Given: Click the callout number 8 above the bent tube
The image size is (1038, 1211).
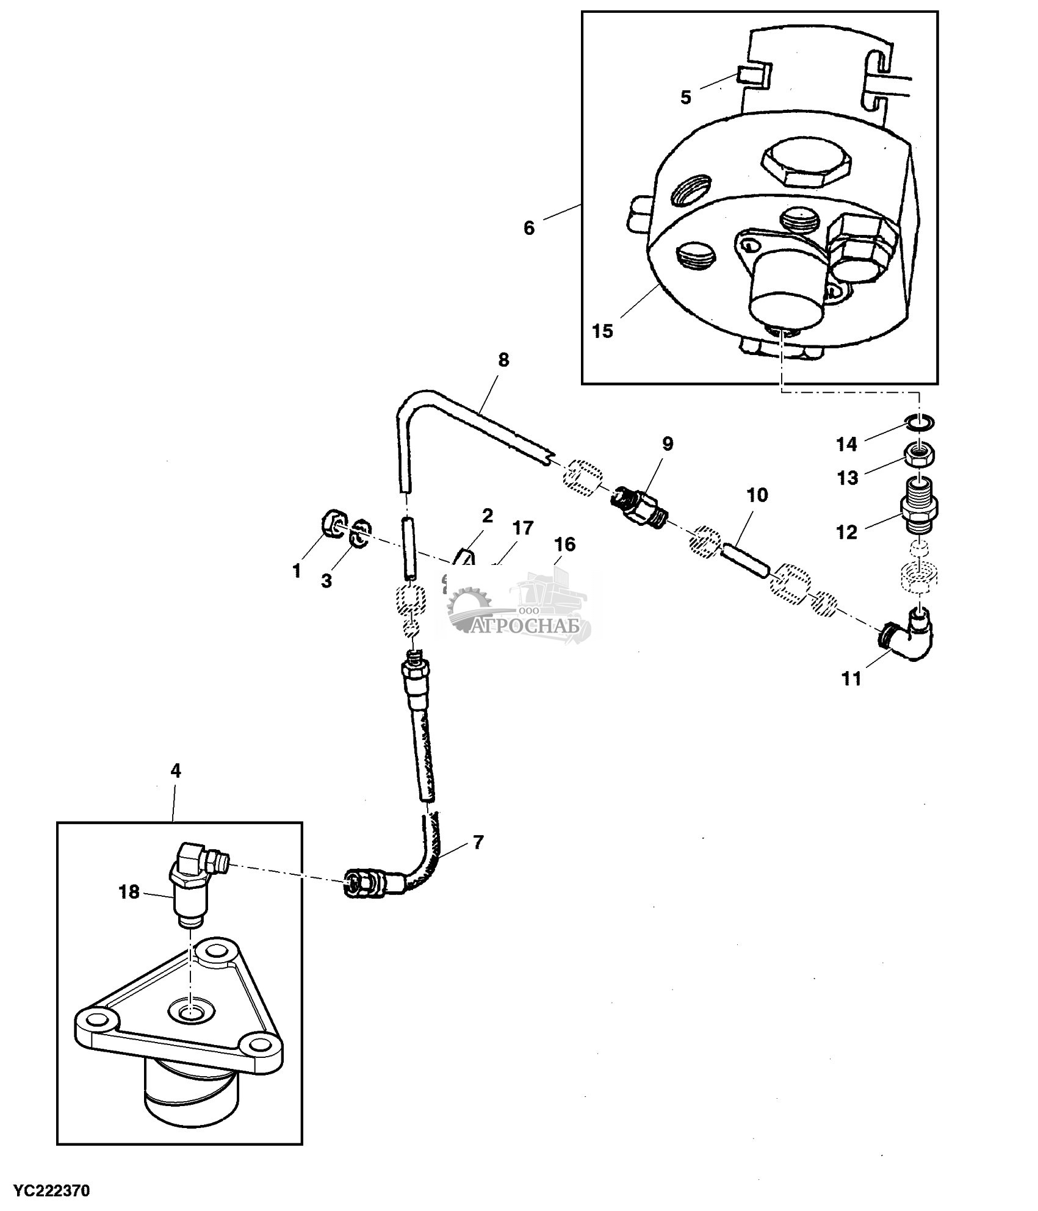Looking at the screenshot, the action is (503, 360).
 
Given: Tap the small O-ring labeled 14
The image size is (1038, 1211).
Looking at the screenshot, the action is (918, 422).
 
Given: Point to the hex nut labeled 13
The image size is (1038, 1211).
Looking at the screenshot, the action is (919, 454).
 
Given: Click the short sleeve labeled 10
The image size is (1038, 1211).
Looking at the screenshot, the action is (743, 562).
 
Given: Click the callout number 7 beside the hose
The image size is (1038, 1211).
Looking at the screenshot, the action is (478, 843).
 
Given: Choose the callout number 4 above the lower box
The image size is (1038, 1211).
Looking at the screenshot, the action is (176, 771).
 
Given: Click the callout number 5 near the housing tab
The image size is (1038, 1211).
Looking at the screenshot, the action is (685, 97).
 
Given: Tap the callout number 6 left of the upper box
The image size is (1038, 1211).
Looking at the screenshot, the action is (528, 228).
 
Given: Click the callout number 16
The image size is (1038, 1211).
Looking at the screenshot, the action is (565, 544).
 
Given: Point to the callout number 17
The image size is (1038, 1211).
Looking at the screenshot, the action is (522, 528).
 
